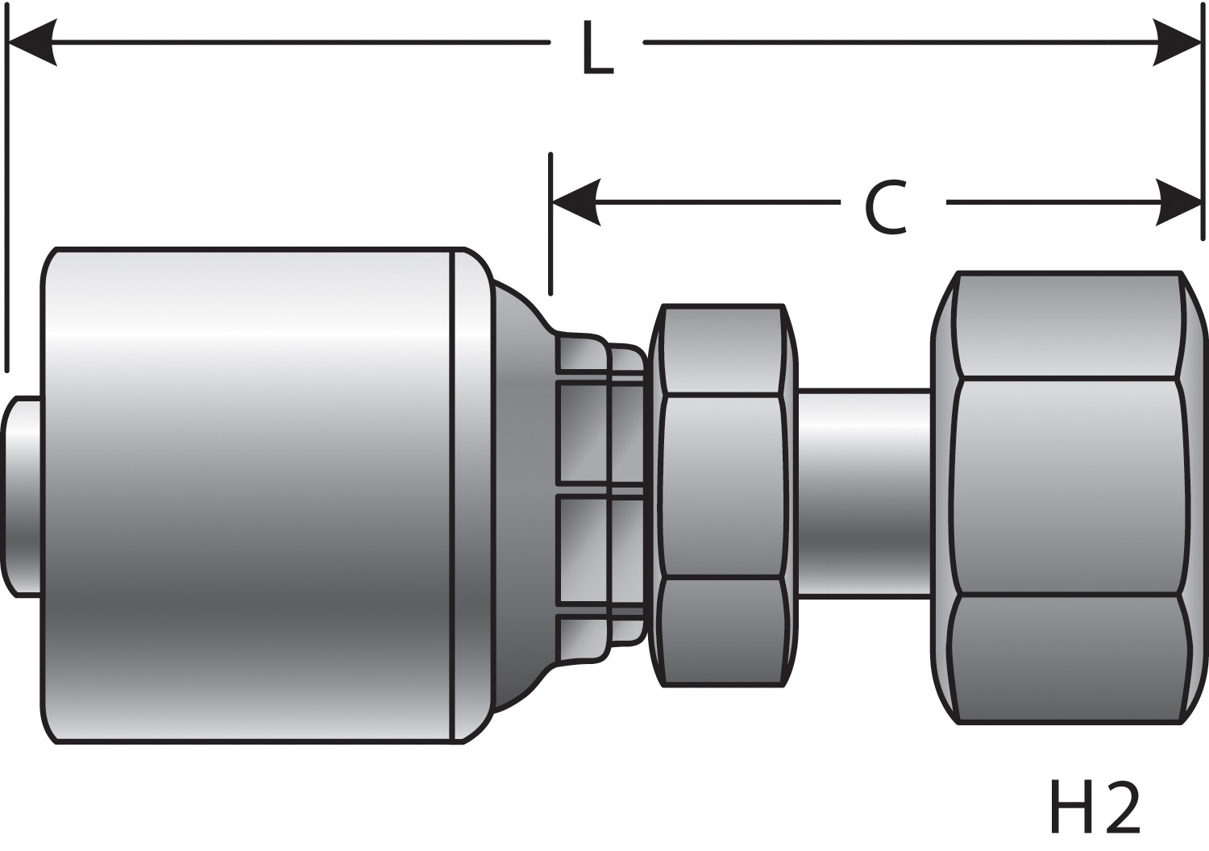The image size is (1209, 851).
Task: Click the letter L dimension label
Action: pos(596,50)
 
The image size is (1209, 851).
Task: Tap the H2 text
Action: pos(1095,807)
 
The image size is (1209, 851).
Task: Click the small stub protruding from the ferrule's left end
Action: pos(23,496)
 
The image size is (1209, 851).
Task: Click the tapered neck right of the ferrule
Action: pos(520,496)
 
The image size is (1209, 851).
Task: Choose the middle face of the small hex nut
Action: pos(723,485)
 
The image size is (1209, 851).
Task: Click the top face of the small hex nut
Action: pos(723,348)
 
